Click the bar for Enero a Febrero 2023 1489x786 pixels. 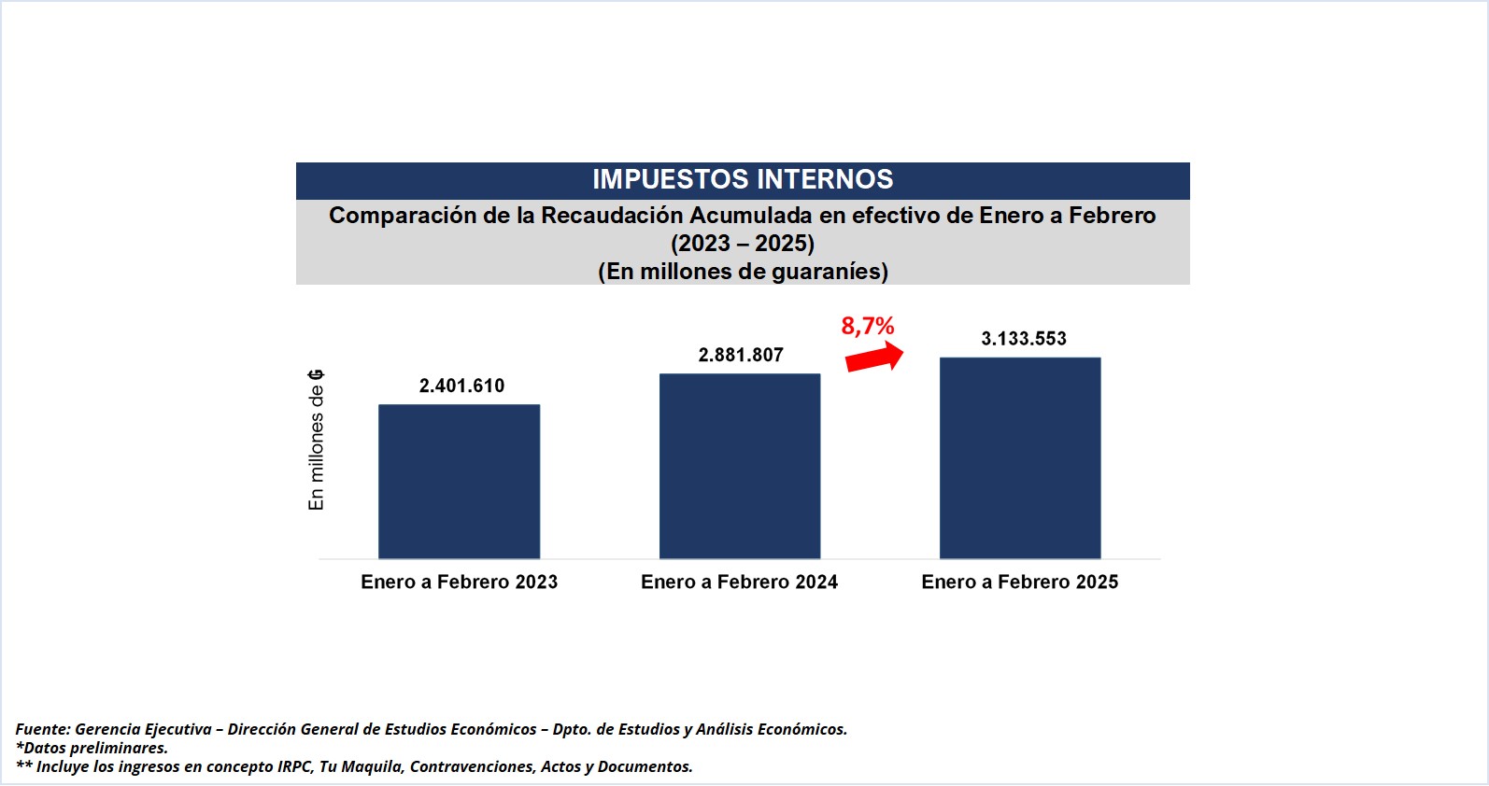coord(459,482)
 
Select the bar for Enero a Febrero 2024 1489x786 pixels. coord(740,466)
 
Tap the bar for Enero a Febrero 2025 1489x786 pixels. coord(1020,457)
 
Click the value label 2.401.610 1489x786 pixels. coord(461,386)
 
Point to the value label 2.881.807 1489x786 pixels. coord(741,355)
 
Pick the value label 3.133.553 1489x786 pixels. coord(1023,339)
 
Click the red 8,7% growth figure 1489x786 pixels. coord(868,326)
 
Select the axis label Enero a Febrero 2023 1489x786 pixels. coord(459,582)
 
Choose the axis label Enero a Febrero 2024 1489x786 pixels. coord(739,582)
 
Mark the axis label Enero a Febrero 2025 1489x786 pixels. coord(1019,582)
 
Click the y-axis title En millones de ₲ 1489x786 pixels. coord(317,440)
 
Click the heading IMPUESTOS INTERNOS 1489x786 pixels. coord(743,179)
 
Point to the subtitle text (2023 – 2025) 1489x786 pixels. coord(743,244)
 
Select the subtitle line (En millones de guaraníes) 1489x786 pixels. coord(743,272)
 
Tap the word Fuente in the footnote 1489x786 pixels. coord(42,729)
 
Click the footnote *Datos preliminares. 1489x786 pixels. coord(92,748)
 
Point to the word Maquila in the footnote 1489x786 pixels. coord(371,766)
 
